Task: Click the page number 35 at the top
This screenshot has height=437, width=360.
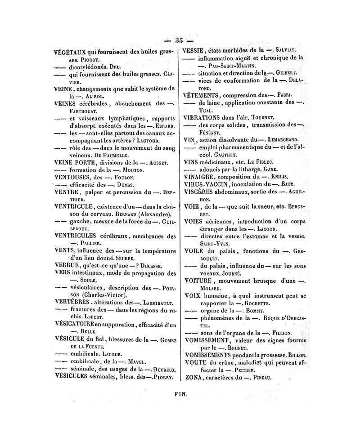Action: pos(179,40)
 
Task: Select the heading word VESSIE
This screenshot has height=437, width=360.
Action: pos(194,50)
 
